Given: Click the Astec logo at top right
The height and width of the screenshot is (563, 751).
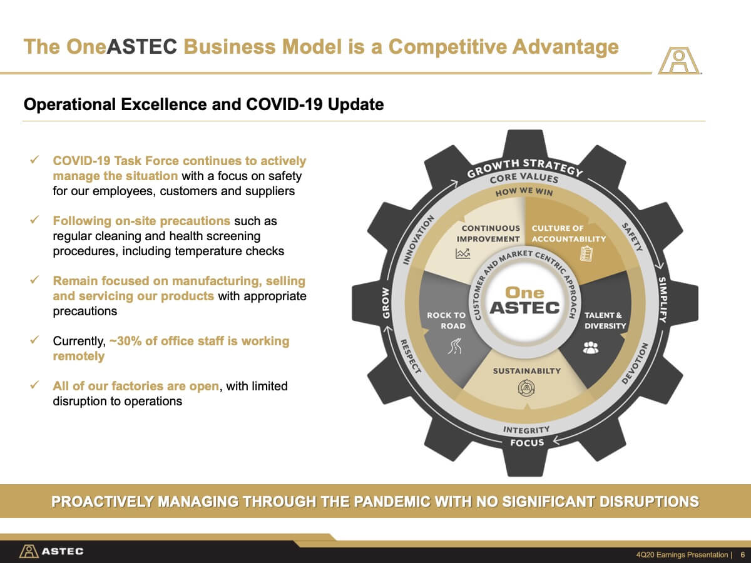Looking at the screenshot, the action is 679,61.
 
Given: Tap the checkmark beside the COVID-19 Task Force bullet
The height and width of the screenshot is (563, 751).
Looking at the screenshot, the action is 34,160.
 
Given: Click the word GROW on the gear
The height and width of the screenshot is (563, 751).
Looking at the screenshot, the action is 386,303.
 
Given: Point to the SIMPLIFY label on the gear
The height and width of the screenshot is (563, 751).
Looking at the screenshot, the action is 663,300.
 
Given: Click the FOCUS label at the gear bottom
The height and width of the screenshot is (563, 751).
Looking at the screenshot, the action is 527,443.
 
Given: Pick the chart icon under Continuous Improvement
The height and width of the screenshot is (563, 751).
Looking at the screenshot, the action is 463,253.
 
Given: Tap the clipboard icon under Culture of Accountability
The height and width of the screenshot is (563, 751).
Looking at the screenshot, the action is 586,254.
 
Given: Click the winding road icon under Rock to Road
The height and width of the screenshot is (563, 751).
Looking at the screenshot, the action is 455,346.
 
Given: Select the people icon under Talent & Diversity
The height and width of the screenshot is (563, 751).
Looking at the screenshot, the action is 591,348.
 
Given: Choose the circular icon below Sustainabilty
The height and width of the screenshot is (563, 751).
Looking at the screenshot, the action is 526,388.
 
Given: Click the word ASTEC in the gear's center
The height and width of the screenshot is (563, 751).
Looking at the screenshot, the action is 524,307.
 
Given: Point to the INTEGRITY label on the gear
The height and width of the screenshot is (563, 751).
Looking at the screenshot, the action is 526,430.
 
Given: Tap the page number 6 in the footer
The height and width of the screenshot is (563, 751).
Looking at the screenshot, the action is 743,554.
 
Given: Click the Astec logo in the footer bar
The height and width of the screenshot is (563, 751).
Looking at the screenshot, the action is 51,551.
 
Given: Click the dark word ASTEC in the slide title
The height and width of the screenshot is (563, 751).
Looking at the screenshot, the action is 141,46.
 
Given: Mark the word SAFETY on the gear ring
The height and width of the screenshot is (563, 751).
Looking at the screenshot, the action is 632,237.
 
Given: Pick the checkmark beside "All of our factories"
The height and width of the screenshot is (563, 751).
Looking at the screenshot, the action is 34,385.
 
